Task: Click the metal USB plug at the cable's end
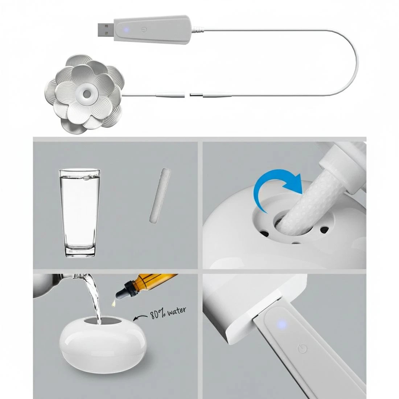106,29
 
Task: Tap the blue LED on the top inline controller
126,30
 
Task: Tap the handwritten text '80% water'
168,313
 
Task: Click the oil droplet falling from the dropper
113,303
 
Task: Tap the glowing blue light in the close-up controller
282,324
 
